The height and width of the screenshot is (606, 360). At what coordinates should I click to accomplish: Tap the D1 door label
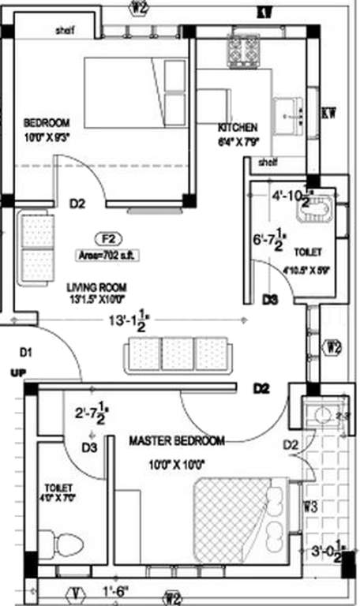pyautogui.click(x=26, y=351)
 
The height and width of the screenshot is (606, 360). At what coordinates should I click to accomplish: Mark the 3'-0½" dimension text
pyautogui.click(x=329, y=552)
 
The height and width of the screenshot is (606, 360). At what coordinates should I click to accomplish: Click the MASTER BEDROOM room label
pyautogui.click(x=177, y=440)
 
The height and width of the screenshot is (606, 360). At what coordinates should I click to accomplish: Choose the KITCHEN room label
pyautogui.click(x=238, y=127)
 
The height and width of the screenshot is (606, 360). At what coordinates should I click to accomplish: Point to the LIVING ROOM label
pyautogui.click(x=97, y=287)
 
